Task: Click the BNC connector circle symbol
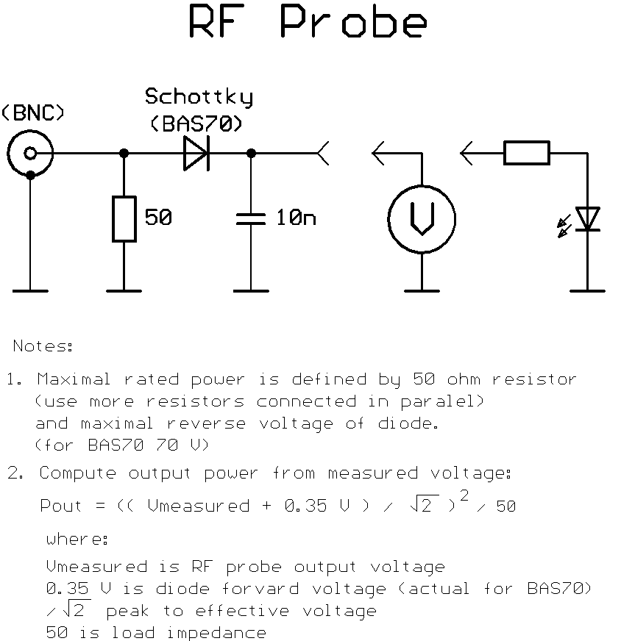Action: (x=30, y=154)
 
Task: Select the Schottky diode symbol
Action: (x=196, y=154)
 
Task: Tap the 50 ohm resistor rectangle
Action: (x=124, y=219)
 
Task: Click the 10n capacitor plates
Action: (x=251, y=218)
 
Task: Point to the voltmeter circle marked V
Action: (x=422, y=219)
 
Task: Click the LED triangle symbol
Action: (x=587, y=219)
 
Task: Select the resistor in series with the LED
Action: (x=527, y=154)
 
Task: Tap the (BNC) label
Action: (x=34, y=114)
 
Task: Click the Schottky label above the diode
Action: (x=199, y=97)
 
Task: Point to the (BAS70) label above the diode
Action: (x=196, y=123)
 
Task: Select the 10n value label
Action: (x=296, y=218)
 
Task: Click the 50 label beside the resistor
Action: (x=158, y=218)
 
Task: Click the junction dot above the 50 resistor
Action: (x=124, y=154)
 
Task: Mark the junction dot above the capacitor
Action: (x=251, y=154)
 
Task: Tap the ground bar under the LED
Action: (x=587, y=290)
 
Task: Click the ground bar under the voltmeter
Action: (x=422, y=290)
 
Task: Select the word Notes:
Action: (x=43, y=345)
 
